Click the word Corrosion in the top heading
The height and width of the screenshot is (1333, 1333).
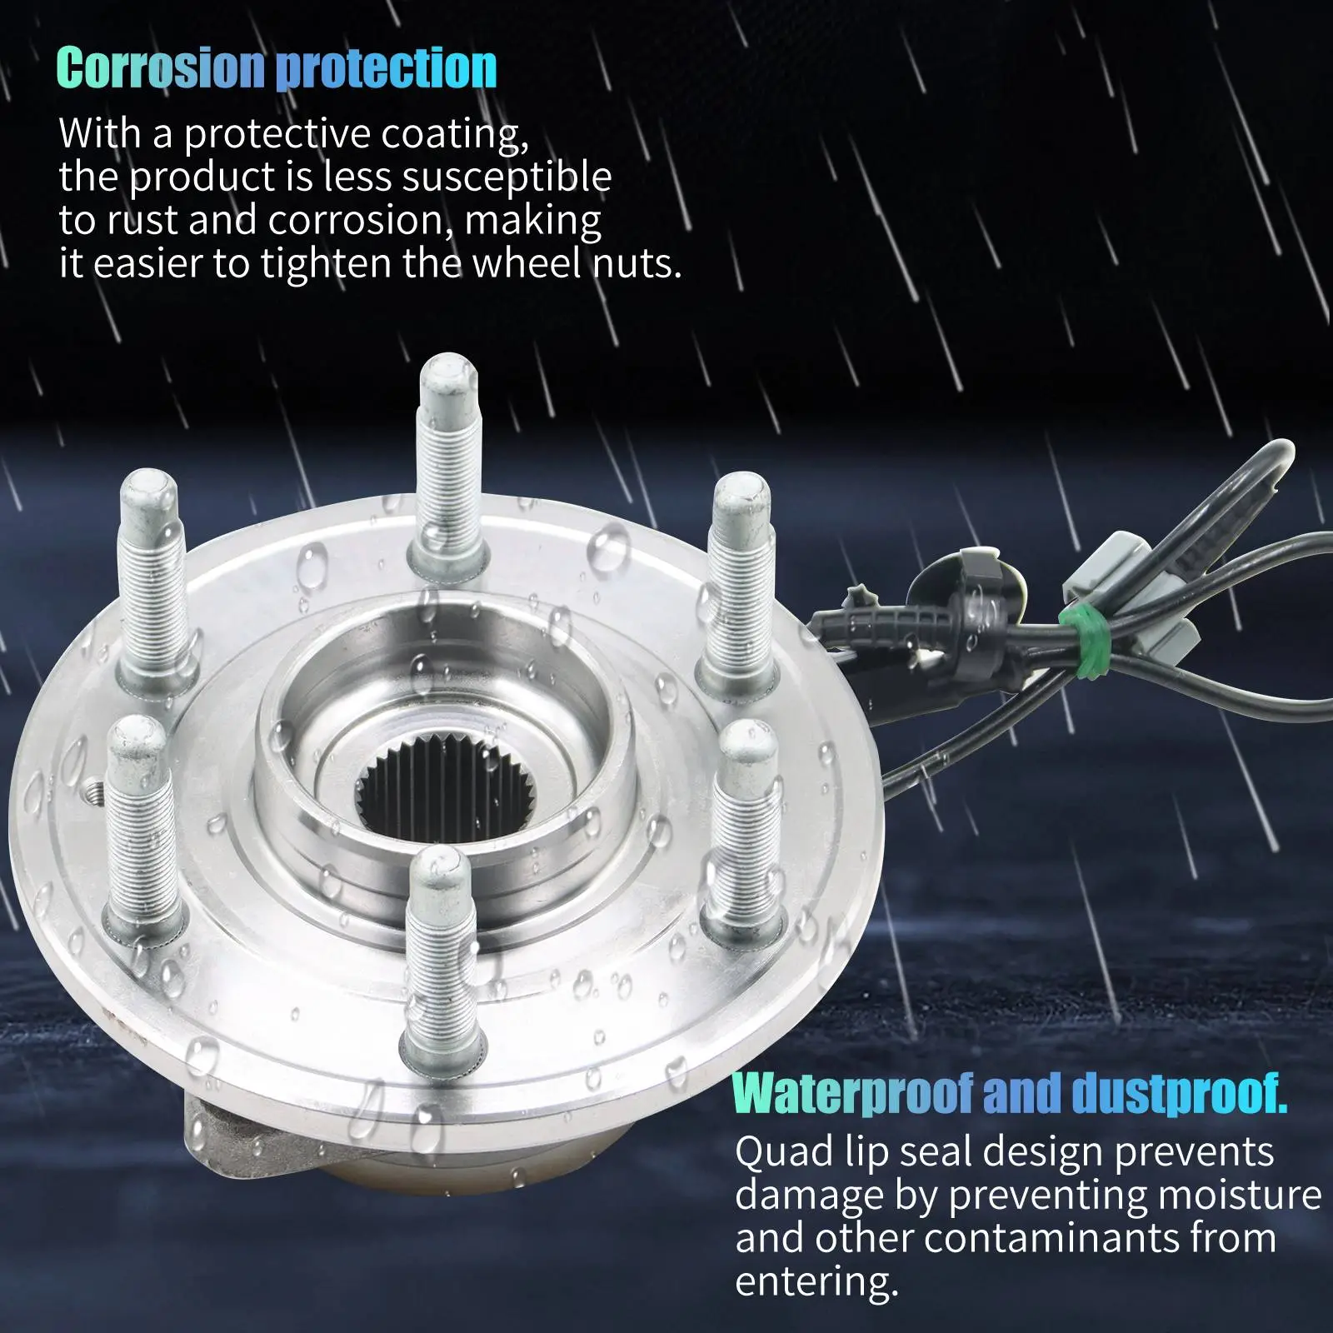(162, 68)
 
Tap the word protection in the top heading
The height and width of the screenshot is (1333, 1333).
(387, 68)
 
